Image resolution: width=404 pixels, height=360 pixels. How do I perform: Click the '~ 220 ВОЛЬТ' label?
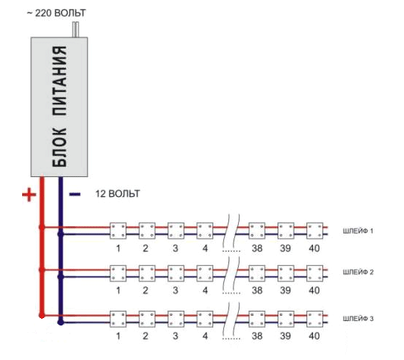click(x=57, y=13)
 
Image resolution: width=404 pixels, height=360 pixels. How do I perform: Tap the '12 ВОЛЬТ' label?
click(x=118, y=194)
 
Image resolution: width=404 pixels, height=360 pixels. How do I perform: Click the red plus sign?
click(x=29, y=195)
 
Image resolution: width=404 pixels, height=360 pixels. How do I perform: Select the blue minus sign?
click(x=75, y=194)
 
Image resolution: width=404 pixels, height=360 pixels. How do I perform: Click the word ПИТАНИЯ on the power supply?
click(x=59, y=81)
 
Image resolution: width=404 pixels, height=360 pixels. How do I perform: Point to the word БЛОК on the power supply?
click(x=59, y=148)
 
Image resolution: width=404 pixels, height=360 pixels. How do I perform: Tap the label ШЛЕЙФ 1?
click(x=358, y=231)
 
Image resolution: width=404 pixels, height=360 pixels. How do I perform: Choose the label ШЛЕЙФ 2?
click(x=358, y=272)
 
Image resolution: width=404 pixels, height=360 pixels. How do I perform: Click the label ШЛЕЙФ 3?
click(x=358, y=319)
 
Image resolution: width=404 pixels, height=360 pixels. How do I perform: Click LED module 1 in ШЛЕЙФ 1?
click(x=118, y=231)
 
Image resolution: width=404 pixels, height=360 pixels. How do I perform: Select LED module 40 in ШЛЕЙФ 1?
click(x=314, y=231)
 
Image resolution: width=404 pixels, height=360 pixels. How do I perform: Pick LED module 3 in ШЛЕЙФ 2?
click(x=176, y=273)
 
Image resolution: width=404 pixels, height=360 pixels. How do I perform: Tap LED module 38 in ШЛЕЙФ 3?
click(x=257, y=319)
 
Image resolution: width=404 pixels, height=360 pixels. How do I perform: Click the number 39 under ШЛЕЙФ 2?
click(x=286, y=290)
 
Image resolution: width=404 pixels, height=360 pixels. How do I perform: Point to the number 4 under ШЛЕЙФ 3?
click(x=205, y=336)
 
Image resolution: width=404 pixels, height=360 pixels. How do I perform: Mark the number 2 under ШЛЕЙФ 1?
click(x=145, y=248)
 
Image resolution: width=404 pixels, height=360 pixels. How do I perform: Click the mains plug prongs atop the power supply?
click(x=76, y=29)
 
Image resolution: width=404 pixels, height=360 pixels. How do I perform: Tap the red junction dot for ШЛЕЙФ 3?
click(x=42, y=315)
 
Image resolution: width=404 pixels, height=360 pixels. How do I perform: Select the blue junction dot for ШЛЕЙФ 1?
click(x=60, y=234)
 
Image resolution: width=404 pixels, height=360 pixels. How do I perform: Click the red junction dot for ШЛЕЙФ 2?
click(x=42, y=270)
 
